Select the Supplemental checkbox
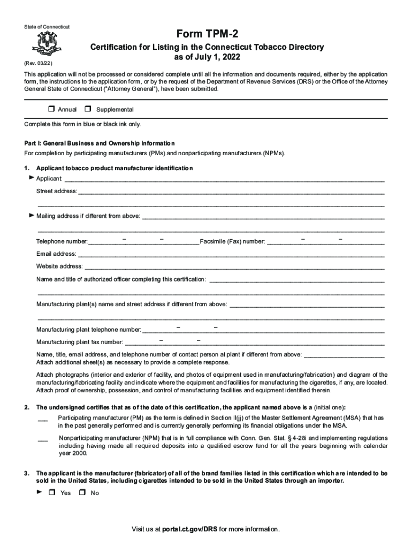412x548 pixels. coord(88,109)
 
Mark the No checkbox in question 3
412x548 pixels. coord(82,493)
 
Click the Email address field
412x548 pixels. coord(230,254)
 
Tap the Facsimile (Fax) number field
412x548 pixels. coord(325,241)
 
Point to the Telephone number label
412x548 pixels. coord(62,242)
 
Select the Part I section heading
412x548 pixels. coord(100,143)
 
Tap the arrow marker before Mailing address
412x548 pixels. coord(32,216)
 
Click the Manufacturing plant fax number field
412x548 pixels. coord(254,342)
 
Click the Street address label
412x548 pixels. coord(56,191)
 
